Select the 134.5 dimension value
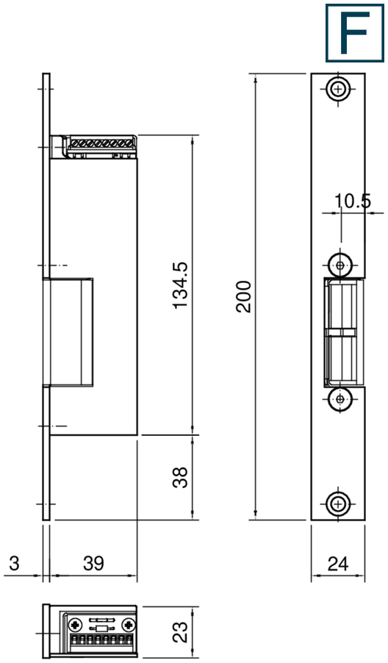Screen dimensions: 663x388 click(x=180, y=285)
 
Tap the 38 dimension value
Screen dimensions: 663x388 click(x=180, y=477)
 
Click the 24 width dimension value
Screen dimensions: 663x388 click(x=337, y=564)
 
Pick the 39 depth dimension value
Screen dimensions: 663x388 click(x=93, y=564)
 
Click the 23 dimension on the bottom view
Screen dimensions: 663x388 click(x=180, y=631)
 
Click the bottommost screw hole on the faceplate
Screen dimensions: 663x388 click(x=338, y=504)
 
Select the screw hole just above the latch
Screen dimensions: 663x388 click(x=339, y=263)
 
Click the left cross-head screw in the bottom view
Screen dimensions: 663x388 click(x=74, y=625)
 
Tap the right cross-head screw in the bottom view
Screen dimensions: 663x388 click(x=129, y=625)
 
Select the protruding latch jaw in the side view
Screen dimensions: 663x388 click(x=71, y=331)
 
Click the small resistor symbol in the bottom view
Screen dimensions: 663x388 click(x=101, y=630)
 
